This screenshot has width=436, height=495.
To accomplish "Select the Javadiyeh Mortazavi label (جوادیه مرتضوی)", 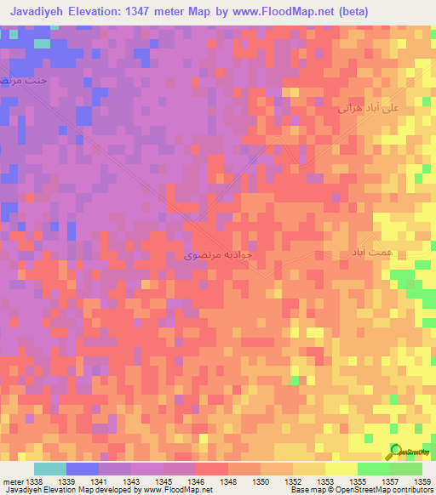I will click(x=219, y=253).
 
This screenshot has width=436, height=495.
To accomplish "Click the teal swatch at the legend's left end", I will click(x=50, y=469).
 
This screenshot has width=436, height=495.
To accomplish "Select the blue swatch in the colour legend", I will click(x=83, y=469).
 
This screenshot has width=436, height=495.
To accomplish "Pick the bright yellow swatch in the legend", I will click(x=341, y=469).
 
